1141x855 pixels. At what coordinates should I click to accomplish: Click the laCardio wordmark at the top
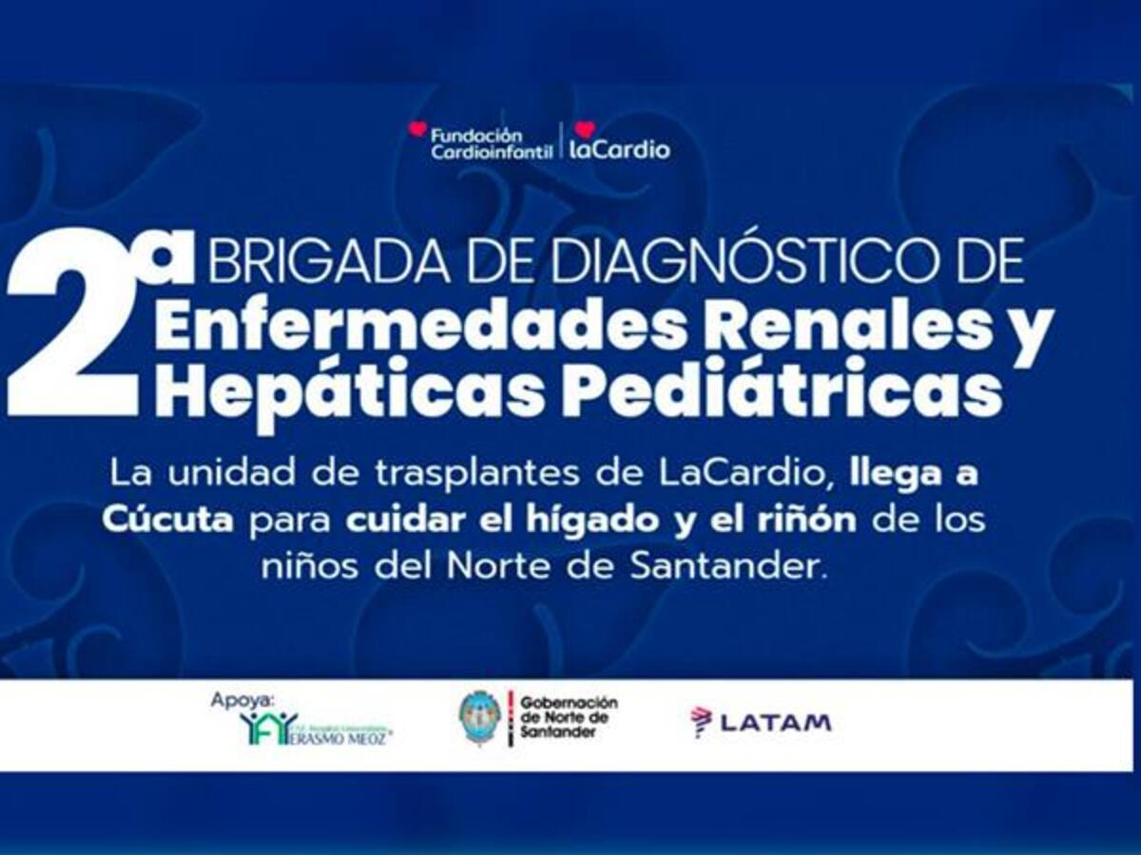(619, 149)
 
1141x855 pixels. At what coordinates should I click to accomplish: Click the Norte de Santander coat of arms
(480, 718)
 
